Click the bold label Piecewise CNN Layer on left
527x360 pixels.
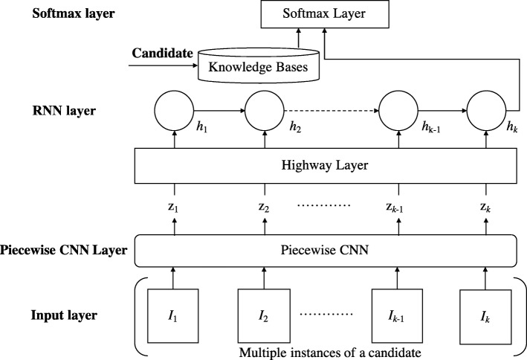tap(64, 251)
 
